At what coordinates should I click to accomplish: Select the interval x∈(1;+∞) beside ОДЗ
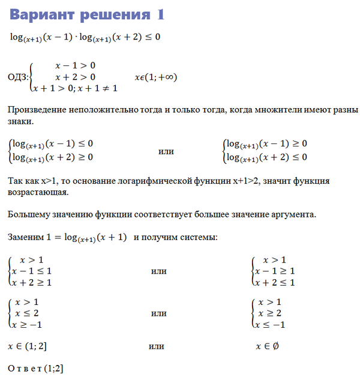pyautogui.click(x=156, y=77)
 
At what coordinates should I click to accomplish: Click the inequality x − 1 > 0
pyautogui.click(x=75, y=65)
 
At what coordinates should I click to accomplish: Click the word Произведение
pyautogui.click(x=37, y=110)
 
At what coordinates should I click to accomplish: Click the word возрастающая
pyautogui.click(x=38, y=192)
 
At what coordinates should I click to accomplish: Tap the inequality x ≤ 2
pyautogui.click(x=27, y=313)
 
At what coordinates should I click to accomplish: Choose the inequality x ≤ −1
pyautogui.click(x=272, y=325)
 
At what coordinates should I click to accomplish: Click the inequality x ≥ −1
pyautogui.click(x=29, y=325)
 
